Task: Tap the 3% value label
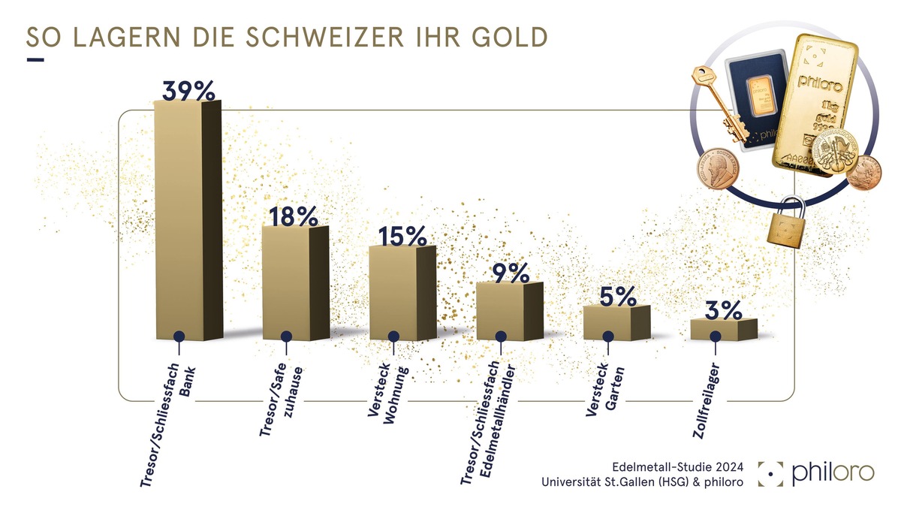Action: pos(724,309)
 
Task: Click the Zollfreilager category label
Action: pos(705,399)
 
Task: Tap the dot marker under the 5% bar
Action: pos(608,336)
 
